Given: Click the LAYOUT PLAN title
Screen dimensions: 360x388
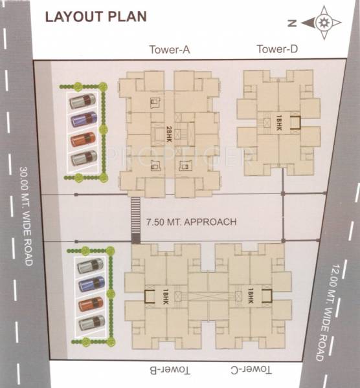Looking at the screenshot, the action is [x=96, y=17].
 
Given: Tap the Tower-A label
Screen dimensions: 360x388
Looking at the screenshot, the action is [x=170, y=50].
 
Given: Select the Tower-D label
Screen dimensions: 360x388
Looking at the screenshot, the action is [x=277, y=49].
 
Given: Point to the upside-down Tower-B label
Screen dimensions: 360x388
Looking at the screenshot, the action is [x=170, y=370].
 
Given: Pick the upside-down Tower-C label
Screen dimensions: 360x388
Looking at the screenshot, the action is [x=251, y=370].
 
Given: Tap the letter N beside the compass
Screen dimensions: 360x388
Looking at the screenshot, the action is [x=293, y=23].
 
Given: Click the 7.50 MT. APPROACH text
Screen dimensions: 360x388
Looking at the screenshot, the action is [x=191, y=222].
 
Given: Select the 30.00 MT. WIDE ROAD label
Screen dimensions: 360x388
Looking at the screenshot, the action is [x=26, y=216].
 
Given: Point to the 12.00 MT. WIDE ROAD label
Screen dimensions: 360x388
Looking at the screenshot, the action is [x=326, y=312].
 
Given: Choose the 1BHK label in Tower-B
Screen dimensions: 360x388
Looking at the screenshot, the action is [x=165, y=297].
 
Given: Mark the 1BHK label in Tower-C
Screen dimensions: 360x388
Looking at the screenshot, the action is [x=250, y=296].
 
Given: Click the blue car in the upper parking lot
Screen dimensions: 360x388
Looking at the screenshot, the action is [x=84, y=119].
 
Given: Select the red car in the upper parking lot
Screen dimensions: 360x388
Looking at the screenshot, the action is [x=84, y=139].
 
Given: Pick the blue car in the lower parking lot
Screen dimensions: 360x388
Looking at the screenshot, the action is [x=92, y=284].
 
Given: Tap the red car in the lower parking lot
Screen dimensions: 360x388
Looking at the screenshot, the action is [x=91, y=304].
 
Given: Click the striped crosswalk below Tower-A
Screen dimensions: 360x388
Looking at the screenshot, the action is [x=135, y=220].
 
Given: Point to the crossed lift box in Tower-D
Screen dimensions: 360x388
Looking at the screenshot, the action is [x=267, y=123].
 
